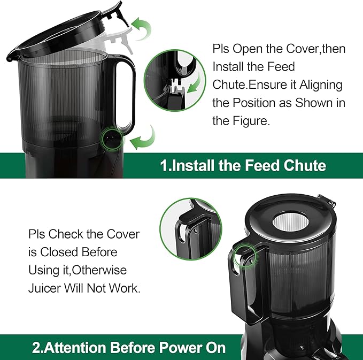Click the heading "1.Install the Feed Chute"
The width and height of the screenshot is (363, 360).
(x=243, y=165)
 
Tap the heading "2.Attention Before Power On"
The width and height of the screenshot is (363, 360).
(x=129, y=348)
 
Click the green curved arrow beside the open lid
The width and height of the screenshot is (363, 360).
(x=142, y=27)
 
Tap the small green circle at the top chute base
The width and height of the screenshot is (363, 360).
(x=111, y=137)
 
